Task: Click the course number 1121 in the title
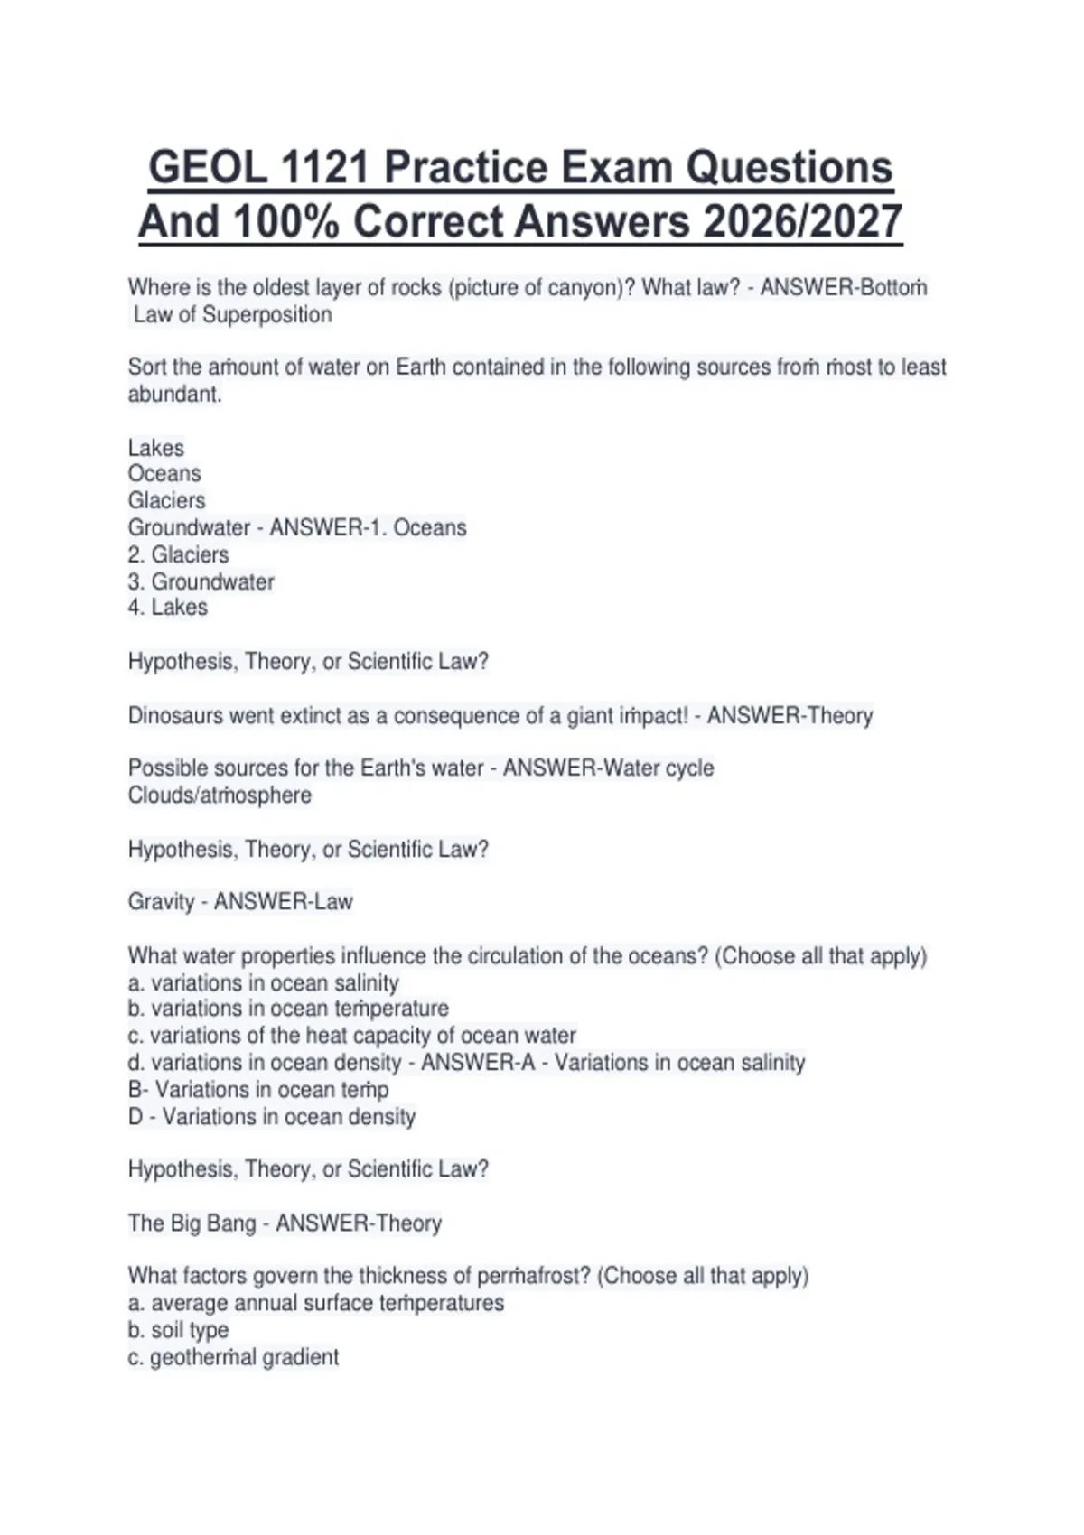[x=324, y=168]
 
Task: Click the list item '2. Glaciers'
[x=178, y=554]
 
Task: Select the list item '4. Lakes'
[x=168, y=607]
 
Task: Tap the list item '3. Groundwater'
[x=201, y=581]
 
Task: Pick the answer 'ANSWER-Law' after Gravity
[x=283, y=902]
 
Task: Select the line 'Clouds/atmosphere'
[x=220, y=795]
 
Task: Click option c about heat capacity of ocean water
[x=351, y=1036]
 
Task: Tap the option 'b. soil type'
[x=178, y=1330]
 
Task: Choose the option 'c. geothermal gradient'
[x=233, y=1357]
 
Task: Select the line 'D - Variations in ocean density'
[x=271, y=1117]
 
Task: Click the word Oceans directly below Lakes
[x=164, y=474]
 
